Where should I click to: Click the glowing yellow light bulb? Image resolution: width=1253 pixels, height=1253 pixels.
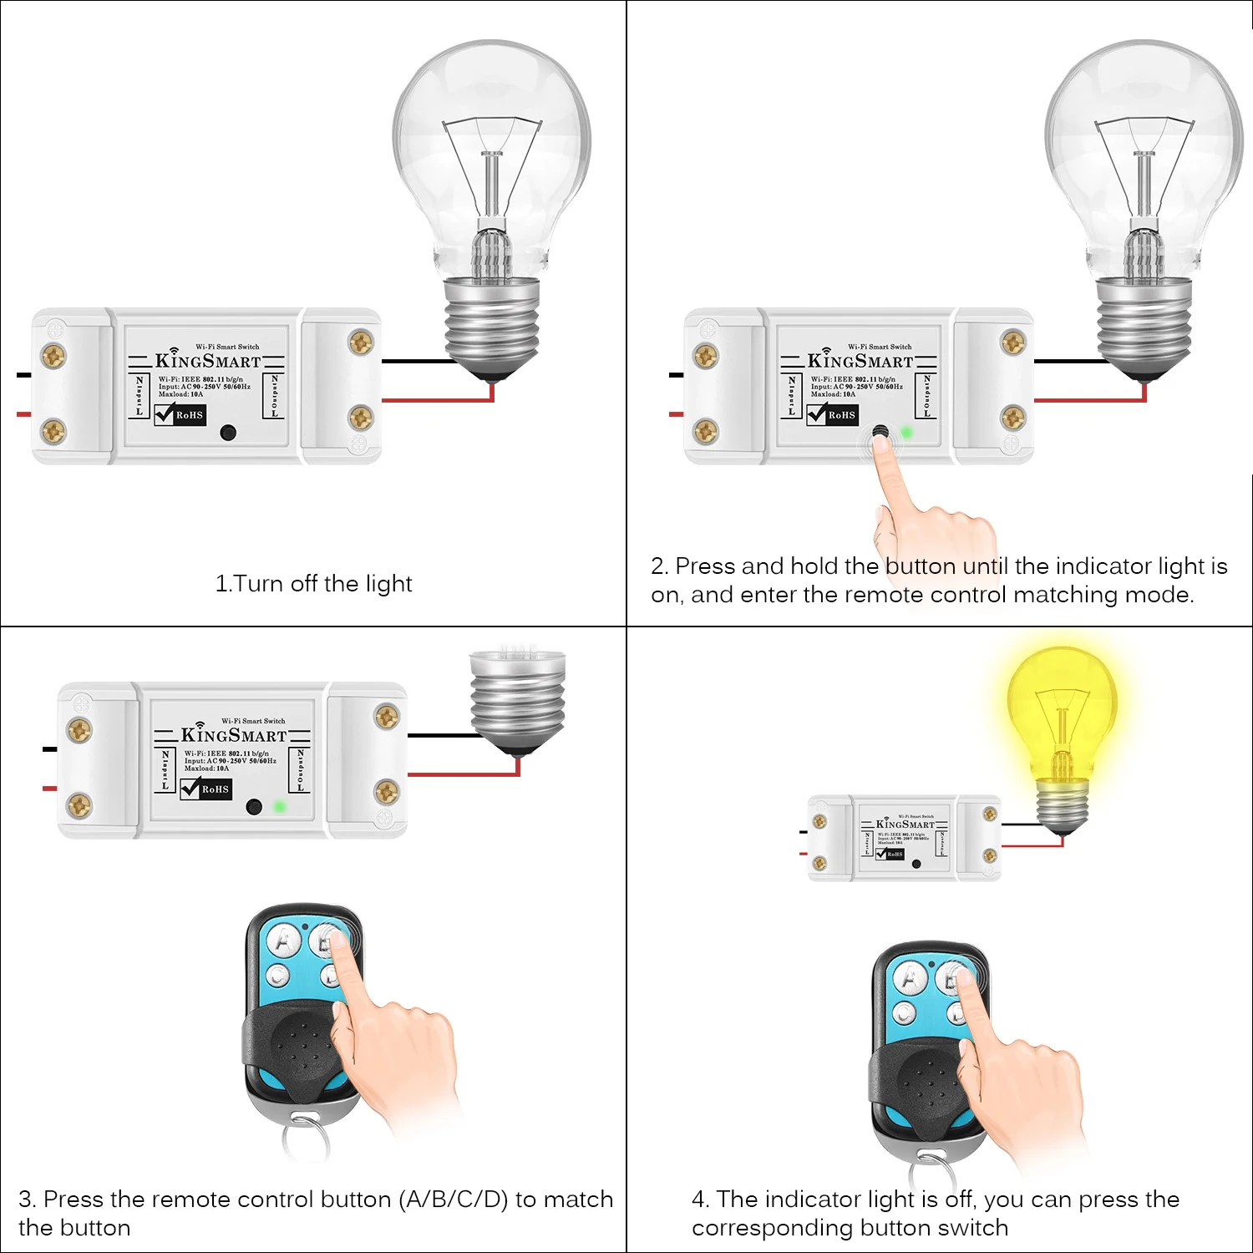pos(1061,710)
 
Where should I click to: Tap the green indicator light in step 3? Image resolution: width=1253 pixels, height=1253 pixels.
pos(280,807)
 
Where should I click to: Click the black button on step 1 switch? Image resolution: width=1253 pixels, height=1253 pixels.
pos(227,433)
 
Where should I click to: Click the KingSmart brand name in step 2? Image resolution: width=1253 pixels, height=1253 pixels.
pos(860,361)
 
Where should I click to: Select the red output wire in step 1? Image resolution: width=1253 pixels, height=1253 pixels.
pos(434,401)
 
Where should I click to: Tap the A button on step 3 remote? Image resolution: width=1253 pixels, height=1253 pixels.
pos(284,941)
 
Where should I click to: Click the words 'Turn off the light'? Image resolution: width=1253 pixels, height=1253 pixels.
pos(322,583)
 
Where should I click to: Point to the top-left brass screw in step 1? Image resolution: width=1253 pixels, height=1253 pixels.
pos(53,356)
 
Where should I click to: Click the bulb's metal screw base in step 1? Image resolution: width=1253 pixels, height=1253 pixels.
pos(491,326)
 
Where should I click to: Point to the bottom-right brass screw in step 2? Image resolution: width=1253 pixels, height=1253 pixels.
pos(1013,416)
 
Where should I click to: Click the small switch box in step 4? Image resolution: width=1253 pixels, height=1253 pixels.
pos(904,838)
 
